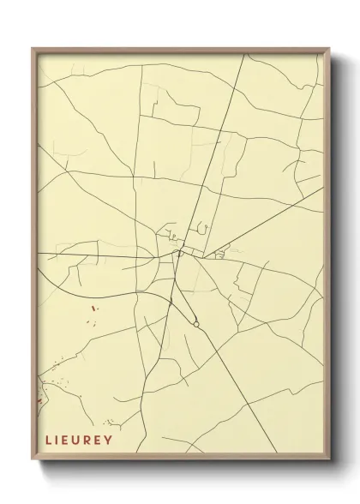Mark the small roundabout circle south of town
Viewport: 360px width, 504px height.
(x=196, y=324)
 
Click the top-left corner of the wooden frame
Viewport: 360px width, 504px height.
(x=33, y=49)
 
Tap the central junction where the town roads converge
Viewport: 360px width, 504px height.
(x=179, y=253)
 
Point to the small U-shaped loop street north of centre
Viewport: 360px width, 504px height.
(x=203, y=227)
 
